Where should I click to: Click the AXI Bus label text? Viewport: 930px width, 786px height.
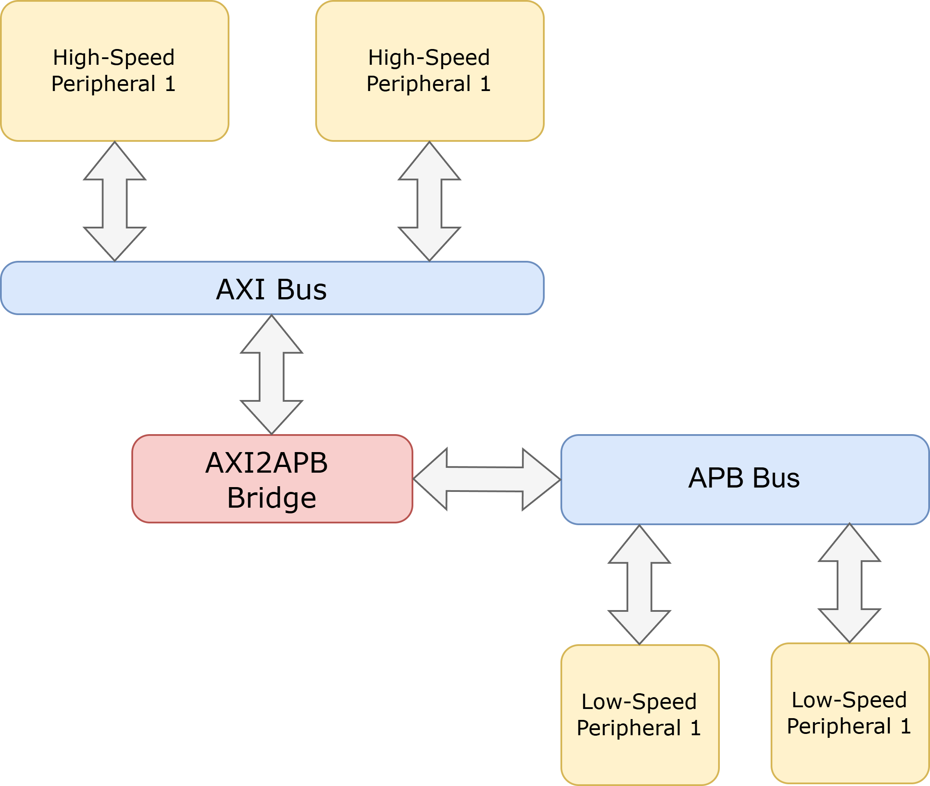coord(271,290)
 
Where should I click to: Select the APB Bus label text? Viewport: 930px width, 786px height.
coord(743,478)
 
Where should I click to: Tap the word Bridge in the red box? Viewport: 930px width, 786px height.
coord(271,498)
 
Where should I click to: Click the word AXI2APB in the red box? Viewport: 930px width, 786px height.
coord(267,463)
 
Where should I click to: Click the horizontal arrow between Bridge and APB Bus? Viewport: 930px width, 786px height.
coord(486,480)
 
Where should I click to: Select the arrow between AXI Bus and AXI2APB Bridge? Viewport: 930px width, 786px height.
coord(271,375)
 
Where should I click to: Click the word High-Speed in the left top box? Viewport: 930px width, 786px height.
coord(114,57)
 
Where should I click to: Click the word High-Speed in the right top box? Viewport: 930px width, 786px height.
coord(429,57)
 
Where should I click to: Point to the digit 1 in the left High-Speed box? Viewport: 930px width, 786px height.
coord(170,84)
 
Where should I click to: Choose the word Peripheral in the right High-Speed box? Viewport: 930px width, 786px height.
coord(419,84)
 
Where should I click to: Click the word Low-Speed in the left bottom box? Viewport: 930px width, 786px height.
coord(639,702)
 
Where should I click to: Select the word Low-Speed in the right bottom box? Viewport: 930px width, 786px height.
coord(849,700)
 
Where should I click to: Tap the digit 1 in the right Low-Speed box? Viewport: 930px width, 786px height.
coord(905,726)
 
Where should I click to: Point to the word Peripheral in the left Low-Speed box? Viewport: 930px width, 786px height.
coord(629,728)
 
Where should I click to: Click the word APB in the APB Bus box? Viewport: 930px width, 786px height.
coord(716,478)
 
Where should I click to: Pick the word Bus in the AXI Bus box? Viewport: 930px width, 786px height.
coord(302,290)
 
